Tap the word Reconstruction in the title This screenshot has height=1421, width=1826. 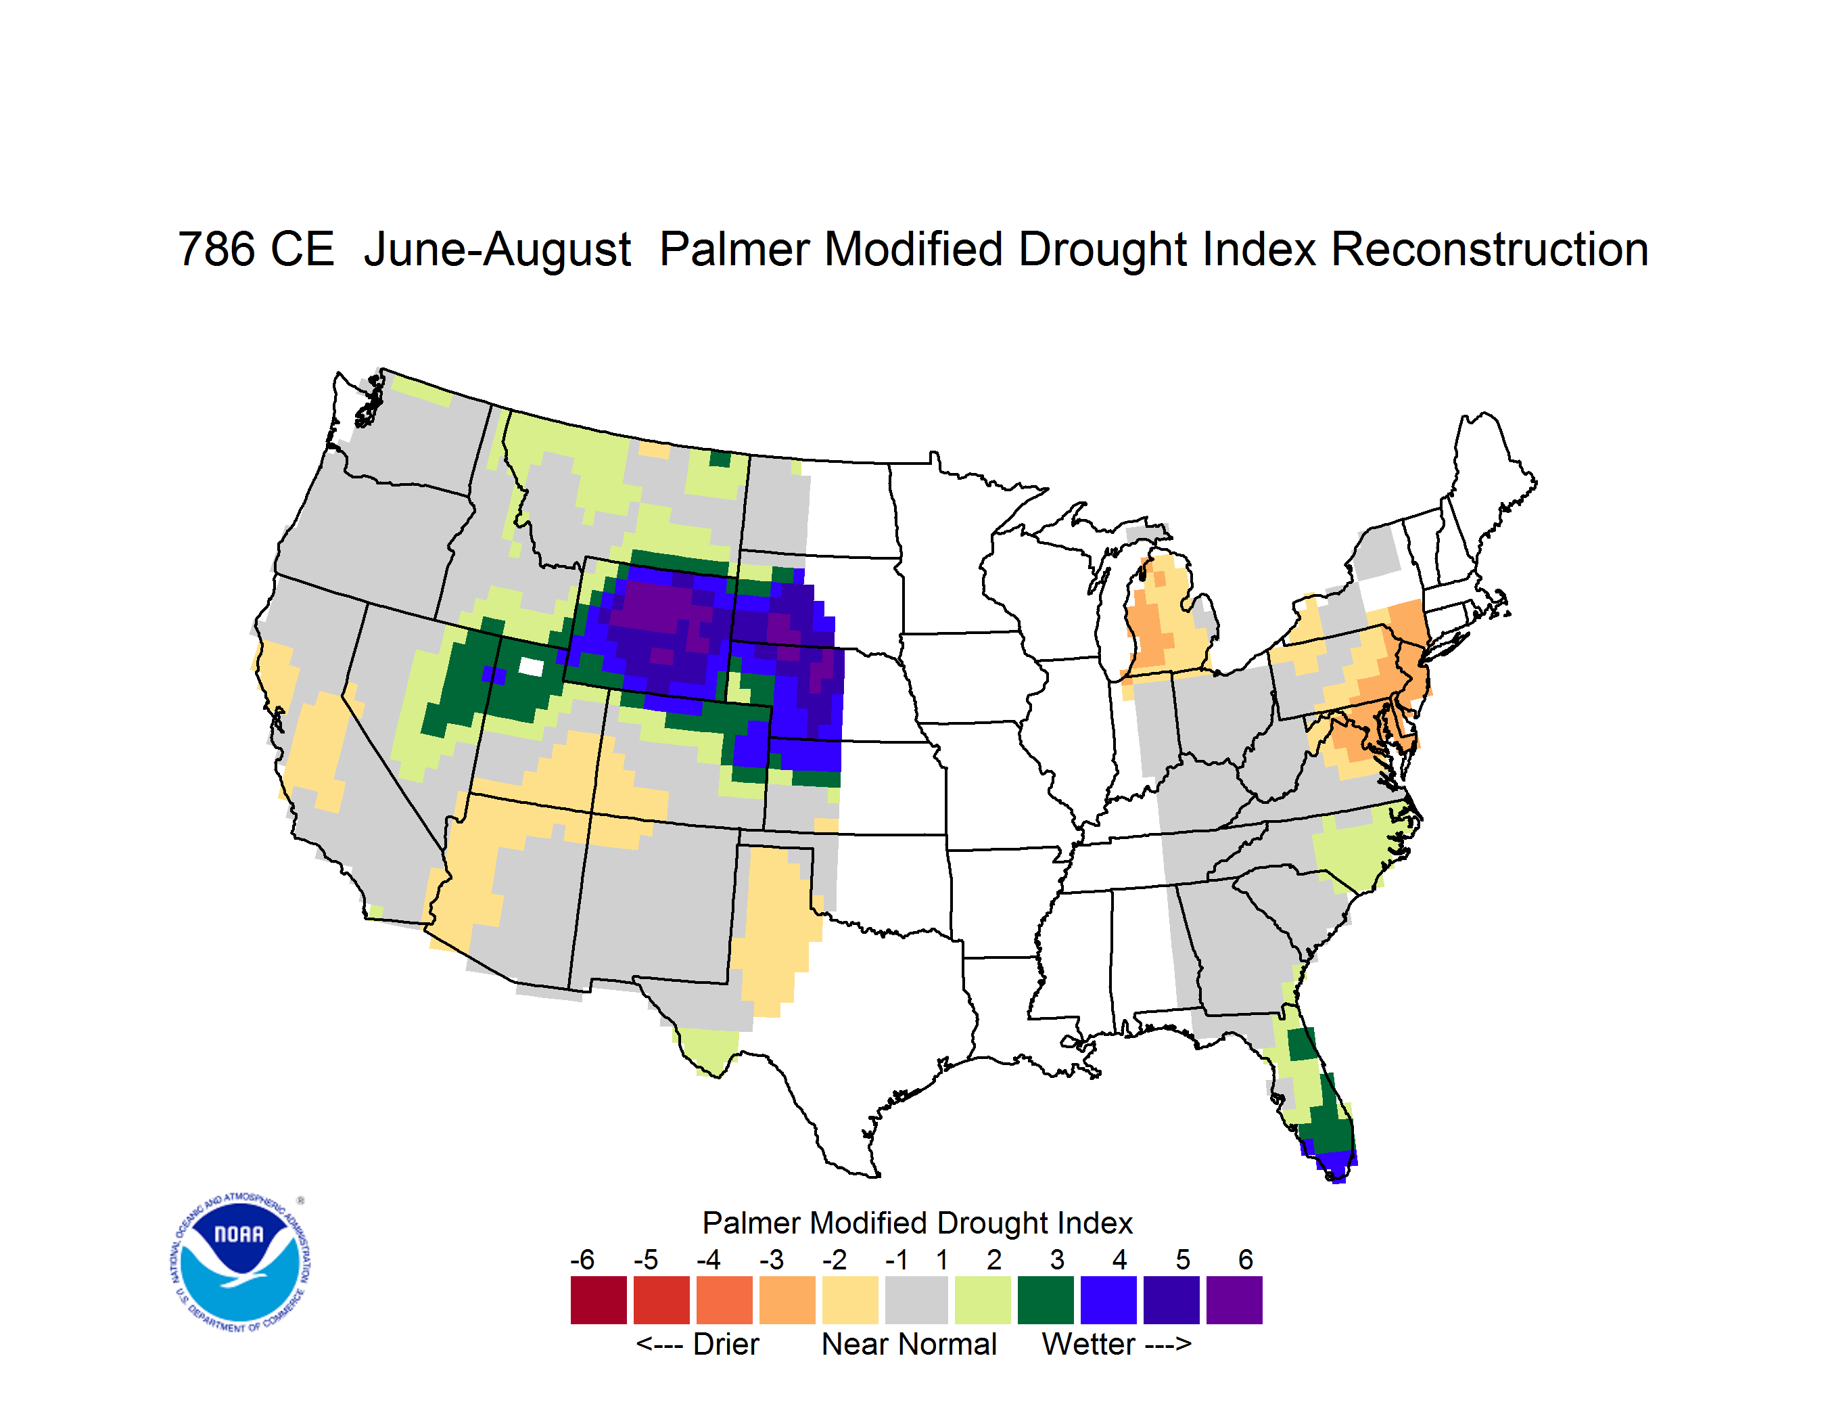point(1489,249)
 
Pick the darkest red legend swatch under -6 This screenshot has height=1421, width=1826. point(599,1300)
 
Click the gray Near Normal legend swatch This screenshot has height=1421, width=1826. point(916,1300)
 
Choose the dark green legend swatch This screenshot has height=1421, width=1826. point(1045,1300)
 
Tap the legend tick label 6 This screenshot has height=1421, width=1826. point(1246,1259)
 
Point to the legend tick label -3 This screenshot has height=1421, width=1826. point(772,1259)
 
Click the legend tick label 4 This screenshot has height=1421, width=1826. point(1119,1259)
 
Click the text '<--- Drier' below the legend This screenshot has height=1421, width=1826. point(697,1344)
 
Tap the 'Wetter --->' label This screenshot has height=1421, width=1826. point(1116,1344)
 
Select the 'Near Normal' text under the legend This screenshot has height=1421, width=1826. point(909,1344)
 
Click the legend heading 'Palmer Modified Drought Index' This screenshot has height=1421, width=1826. point(917,1223)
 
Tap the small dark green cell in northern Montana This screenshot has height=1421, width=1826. point(720,458)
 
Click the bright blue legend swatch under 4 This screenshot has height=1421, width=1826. point(1108,1300)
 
